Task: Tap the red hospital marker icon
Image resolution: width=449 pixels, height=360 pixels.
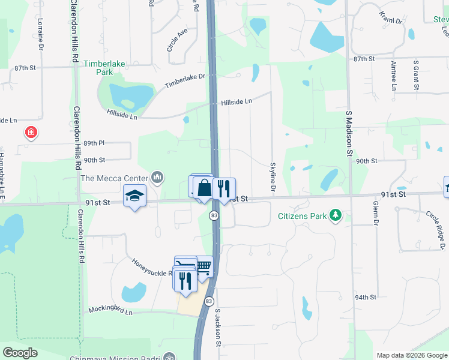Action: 29,132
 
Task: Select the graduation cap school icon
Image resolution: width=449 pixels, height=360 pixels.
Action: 134,195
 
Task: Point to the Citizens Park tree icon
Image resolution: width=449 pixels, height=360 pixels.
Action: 337,215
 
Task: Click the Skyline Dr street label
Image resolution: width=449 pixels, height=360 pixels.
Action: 273,177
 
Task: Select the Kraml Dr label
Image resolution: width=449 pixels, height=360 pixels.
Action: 391,17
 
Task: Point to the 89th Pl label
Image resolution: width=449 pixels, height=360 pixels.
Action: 94,143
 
